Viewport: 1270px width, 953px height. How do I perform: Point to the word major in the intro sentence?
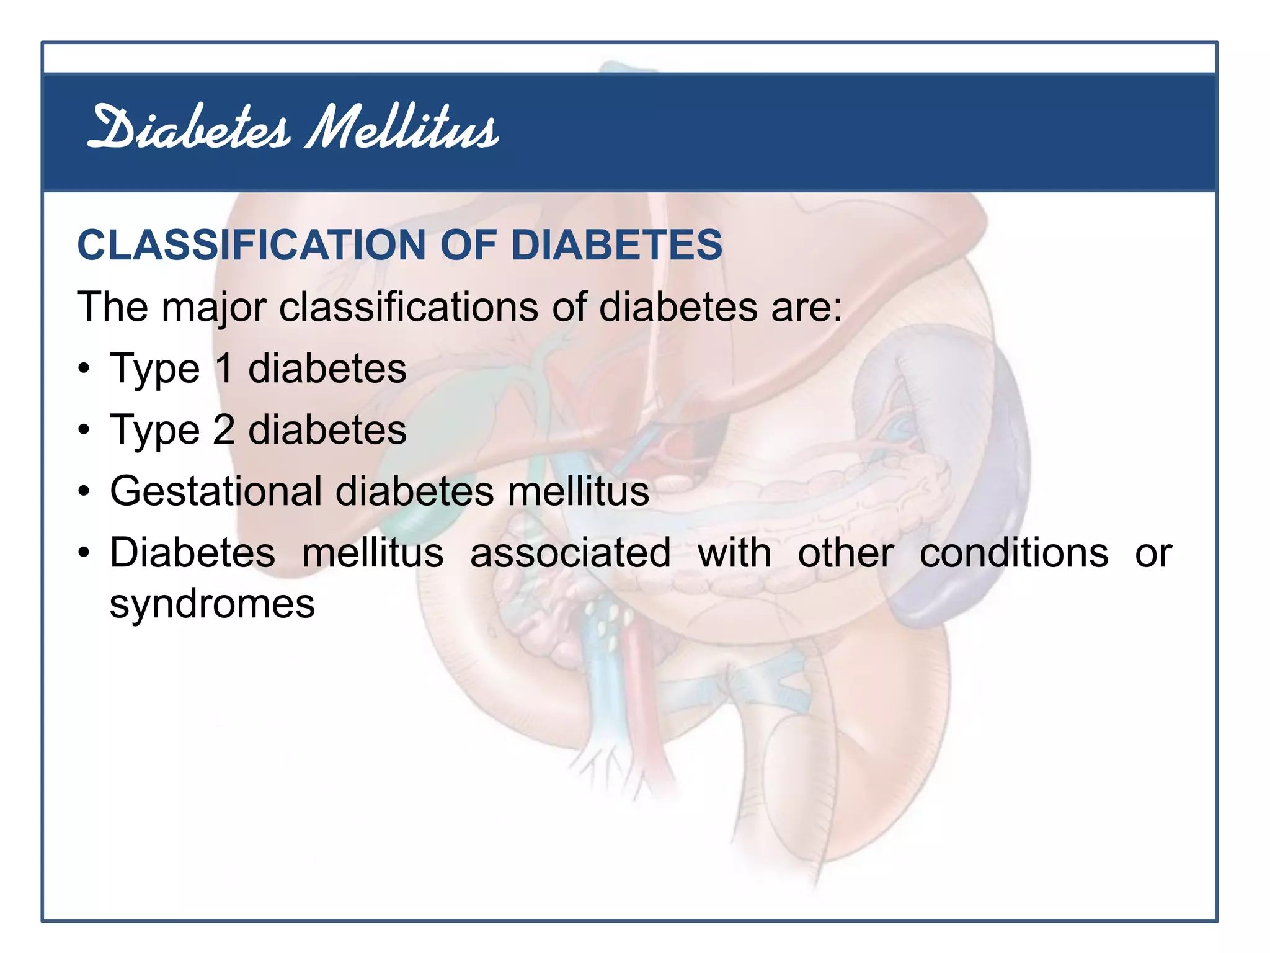214,307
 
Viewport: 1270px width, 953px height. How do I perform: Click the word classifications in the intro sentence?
409,306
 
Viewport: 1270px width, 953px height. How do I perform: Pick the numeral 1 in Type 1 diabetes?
224,368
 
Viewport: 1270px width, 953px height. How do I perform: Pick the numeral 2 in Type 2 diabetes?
224,429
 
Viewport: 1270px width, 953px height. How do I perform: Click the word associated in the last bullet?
570,553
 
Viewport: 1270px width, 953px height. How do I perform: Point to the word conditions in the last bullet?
1013,553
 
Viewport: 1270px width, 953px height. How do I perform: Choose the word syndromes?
212,604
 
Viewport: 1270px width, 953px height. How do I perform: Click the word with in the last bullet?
734,553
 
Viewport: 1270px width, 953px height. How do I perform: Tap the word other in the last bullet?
845,553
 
